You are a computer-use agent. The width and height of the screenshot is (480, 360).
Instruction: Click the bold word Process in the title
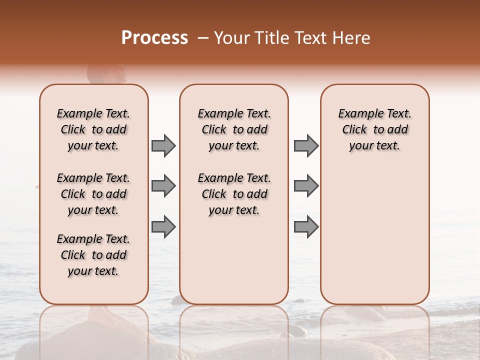pos(154,38)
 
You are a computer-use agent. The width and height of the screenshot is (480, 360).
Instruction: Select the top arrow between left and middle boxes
pos(163,145)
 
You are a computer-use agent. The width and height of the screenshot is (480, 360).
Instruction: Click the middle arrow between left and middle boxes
pos(163,186)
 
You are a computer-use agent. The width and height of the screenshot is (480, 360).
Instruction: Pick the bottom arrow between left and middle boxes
pos(163,227)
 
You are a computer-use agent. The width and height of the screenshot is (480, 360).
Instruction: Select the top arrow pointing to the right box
pos(306,145)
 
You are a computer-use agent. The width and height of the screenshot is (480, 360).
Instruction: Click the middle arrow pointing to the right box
pos(306,186)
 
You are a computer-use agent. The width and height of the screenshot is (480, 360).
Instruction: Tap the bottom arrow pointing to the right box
pos(306,227)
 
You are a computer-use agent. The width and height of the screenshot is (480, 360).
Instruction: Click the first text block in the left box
pos(93,129)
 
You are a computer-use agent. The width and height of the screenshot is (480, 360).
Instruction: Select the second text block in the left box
pos(93,194)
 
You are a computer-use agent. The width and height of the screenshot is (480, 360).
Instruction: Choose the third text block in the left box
pos(93,255)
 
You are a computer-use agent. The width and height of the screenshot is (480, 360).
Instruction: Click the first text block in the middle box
pos(234,129)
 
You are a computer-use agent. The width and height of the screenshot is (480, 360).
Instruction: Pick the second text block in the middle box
pos(234,194)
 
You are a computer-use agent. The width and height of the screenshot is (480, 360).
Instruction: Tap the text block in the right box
pos(375,129)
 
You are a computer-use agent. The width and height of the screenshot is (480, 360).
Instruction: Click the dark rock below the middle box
pos(177,300)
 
